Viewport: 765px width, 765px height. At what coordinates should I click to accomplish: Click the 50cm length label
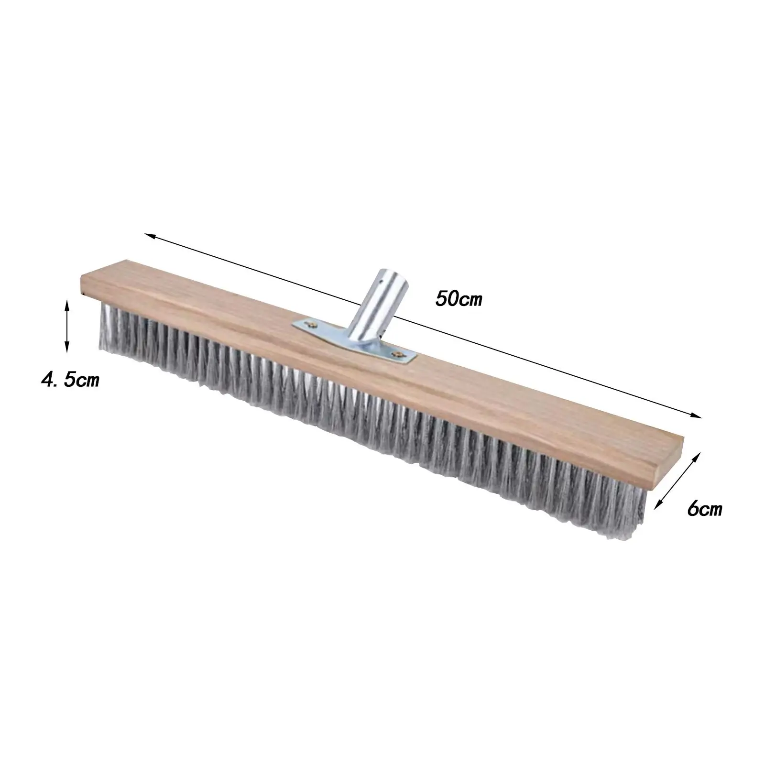tap(459, 300)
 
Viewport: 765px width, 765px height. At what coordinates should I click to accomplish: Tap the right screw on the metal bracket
tap(397, 354)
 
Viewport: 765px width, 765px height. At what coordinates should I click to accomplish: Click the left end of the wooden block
tap(83, 284)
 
